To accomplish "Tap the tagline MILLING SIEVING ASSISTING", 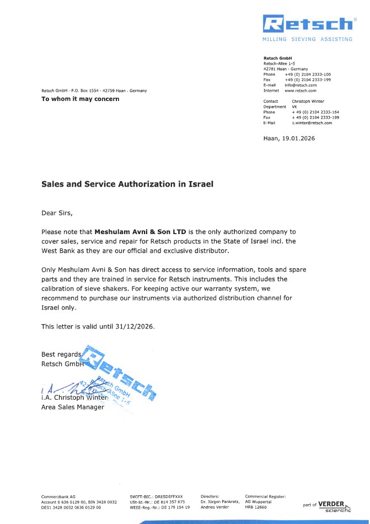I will point(307,39).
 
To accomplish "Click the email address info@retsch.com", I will point(301,85).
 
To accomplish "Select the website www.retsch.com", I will point(301,90).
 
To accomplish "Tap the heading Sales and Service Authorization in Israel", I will point(127,184).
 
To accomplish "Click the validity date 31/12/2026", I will point(133,326).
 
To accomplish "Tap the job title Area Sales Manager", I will point(73,407).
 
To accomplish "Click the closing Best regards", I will point(61,354).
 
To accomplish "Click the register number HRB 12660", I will point(255,506).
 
